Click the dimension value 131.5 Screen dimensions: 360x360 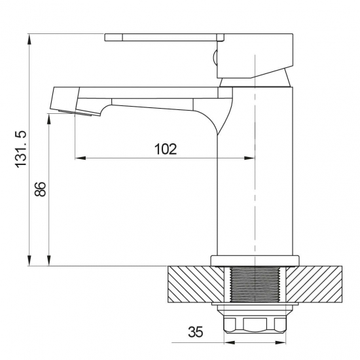(21, 149)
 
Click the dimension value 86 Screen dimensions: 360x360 (41, 189)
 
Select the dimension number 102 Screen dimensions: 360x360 (166, 149)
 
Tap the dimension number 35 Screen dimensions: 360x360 (196, 332)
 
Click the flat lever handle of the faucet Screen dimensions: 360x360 (164, 37)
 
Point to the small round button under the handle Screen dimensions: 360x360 (215, 58)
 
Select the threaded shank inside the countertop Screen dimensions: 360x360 (255, 284)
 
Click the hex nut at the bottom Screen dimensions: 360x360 (255, 325)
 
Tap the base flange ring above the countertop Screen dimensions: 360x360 (255, 261)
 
